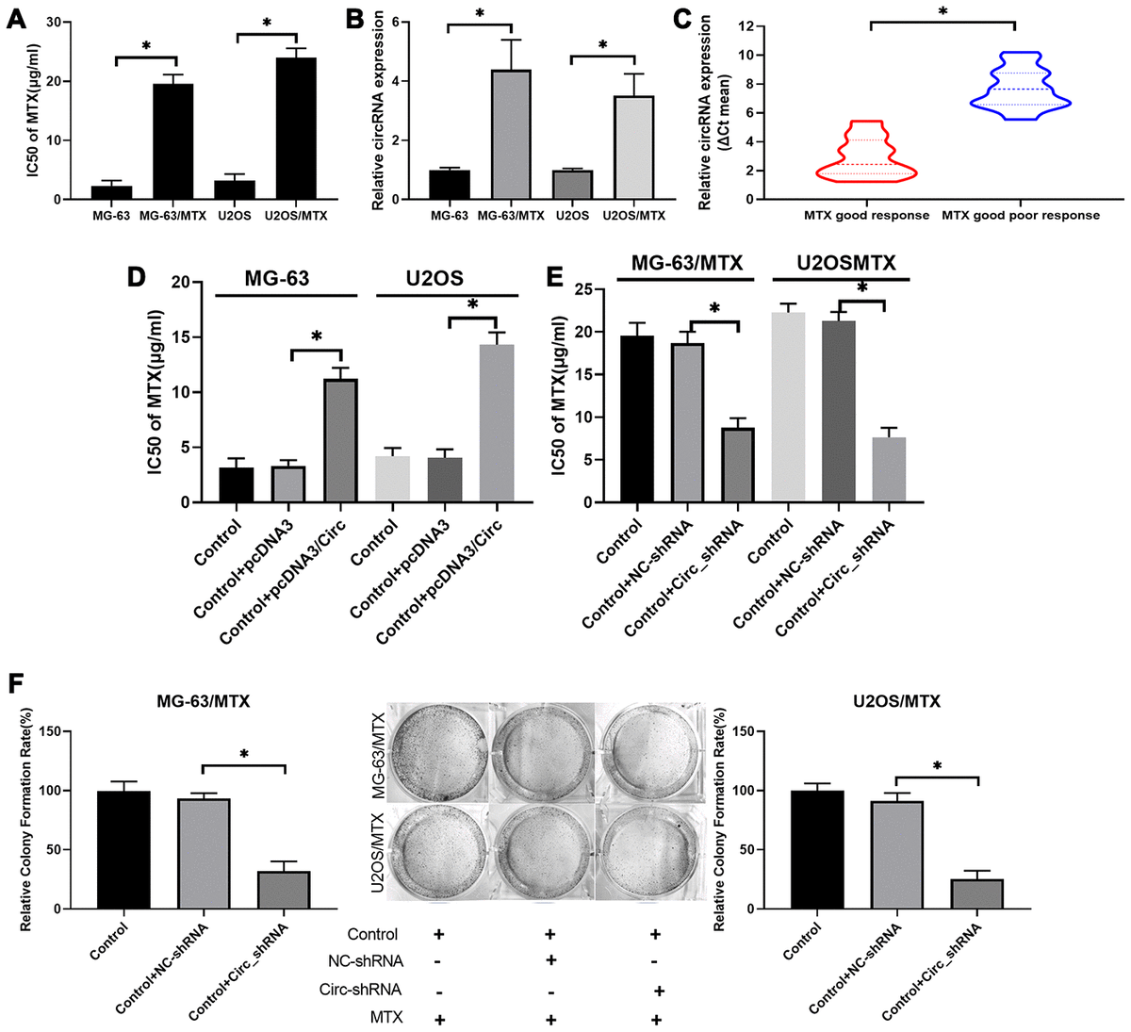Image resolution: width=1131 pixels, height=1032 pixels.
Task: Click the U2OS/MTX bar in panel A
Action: pyautogui.click(x=303, y=129)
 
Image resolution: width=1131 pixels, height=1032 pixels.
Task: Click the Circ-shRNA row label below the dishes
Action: pyautogui.click(x=373, y=990)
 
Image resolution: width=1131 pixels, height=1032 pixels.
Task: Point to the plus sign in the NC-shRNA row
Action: pyautogui.click(x=550, y=960)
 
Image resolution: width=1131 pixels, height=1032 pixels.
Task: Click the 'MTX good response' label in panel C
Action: pyautogui.click(x=866, y=215)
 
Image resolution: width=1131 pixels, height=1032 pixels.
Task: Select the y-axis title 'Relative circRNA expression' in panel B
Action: pyautogui.click(x=378, y=110)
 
